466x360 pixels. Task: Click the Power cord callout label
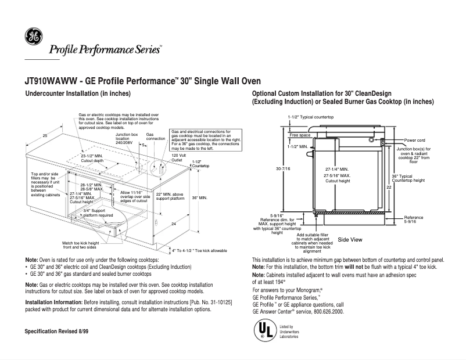click(415, 141)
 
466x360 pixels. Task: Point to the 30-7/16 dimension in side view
click(284, 168)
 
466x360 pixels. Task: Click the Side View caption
click(350, 239)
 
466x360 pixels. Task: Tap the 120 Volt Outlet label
click(178, 159)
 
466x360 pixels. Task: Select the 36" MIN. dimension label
click(198, 198)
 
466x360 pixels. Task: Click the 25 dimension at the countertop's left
click(45, 135)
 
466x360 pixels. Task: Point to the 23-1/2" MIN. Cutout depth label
click(92, 159)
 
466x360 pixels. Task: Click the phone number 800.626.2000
click(329, 311)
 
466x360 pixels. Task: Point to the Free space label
click(300, 135)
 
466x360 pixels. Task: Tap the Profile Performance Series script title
click(105, 50)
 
